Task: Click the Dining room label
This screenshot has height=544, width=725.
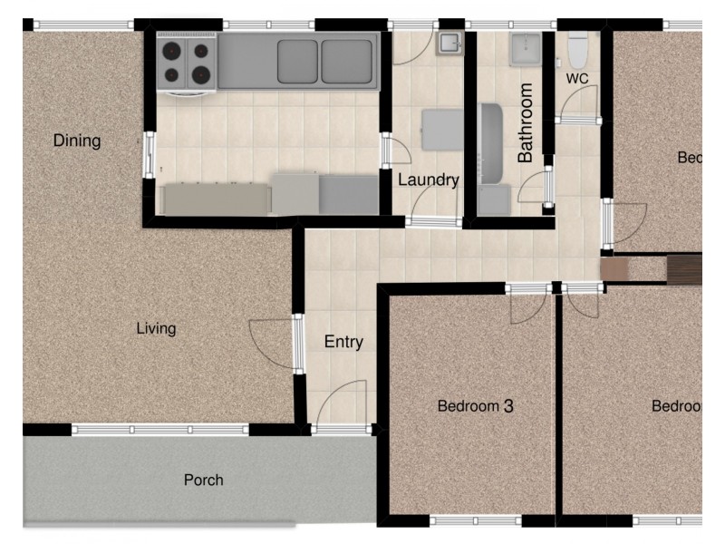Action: (x=77, y=141)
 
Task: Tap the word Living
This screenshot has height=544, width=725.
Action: (x=156, y=328)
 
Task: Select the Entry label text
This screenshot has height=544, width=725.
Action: (x=343, y=342)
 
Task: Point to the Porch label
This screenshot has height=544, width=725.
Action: (x=203, y=480)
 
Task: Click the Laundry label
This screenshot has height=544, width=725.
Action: (x=429, y=180)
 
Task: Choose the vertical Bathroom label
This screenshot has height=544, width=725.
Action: (x=526, y=123)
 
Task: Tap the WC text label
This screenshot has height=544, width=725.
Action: (x=577, y=79)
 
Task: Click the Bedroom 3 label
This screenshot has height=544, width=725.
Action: (x=475, y=406)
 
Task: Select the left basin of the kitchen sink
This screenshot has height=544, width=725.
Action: (x=297, y=61)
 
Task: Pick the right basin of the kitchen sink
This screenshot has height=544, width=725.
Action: (x=347, y=61)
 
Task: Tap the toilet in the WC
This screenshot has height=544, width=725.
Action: (x=577, y=49)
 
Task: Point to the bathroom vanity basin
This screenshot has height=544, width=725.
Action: (x=526, y=49)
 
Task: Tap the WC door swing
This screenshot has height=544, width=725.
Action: (x=577, y=107)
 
